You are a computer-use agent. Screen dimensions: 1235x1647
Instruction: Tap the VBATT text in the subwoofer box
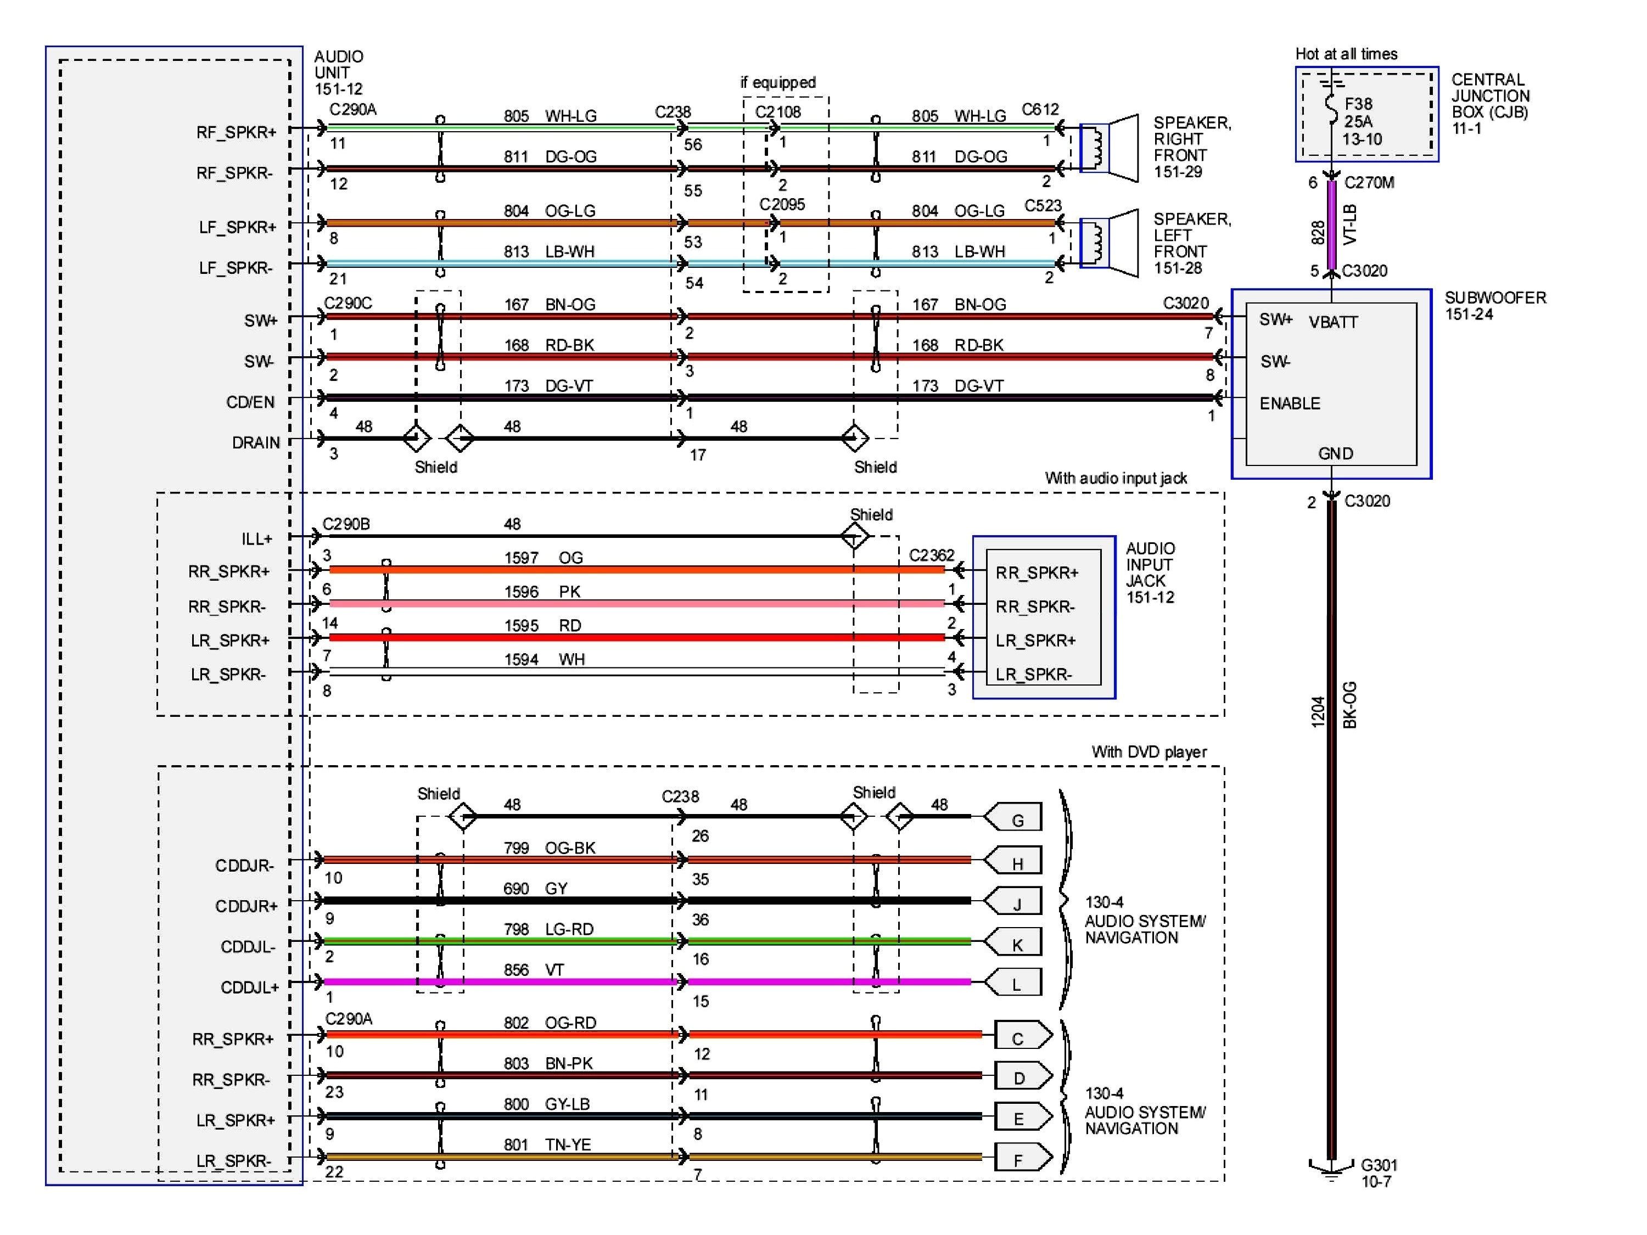point(1333,322)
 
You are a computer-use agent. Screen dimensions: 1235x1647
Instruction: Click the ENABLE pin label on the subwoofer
point(1290,403)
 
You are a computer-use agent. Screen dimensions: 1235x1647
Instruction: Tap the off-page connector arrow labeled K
point(1013,942)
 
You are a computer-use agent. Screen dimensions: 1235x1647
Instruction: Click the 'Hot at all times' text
point(1346,54)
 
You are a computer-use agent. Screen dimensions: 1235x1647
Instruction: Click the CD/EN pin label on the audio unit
point(250,402)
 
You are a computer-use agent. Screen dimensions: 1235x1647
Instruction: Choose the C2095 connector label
point(782,204)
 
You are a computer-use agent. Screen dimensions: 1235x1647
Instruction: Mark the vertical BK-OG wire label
point(1350,704)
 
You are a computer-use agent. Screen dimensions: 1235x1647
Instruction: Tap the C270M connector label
point(1369,182)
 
